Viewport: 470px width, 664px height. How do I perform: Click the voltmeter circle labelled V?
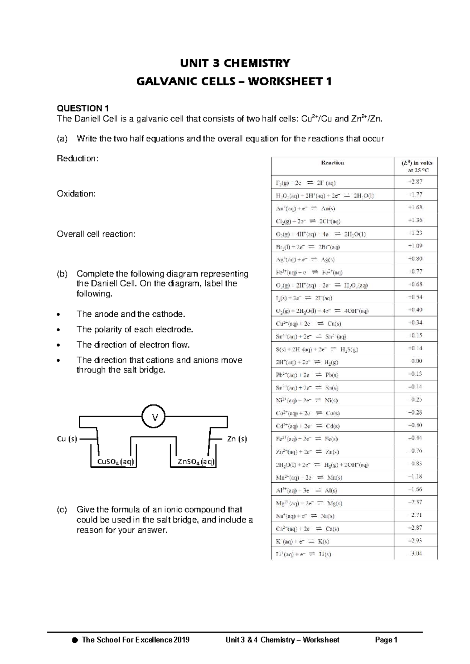pos(153,417)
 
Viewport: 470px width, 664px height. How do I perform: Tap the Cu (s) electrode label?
pos(67,439)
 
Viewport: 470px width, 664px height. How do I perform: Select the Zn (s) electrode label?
pos(237,439)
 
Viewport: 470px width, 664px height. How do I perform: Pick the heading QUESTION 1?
pos(83,108)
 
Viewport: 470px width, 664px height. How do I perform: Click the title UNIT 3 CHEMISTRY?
pos(235,63)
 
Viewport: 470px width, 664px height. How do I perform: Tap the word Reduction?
pos(78,159)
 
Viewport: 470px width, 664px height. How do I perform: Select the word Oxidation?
pos(76,194)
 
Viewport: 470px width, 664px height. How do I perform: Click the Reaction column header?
pos(333,163)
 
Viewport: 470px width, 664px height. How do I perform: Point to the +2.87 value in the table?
pos(415,182)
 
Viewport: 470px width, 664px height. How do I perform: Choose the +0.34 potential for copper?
pos(415,323)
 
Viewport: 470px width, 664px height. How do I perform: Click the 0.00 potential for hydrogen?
pos(416,361)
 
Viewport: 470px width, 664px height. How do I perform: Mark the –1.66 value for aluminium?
pos(415,489)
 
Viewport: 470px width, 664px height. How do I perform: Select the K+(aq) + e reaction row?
pos(302,541)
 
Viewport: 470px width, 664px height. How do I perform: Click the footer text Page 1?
pos(386,640)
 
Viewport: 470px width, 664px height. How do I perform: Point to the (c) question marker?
pos(62,510)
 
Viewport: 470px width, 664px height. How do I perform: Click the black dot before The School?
pos(75,641)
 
